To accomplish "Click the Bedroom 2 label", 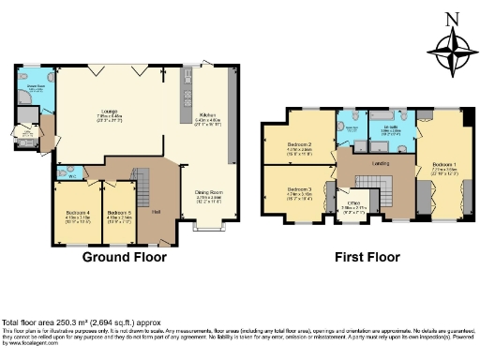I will (x=299, y=143).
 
